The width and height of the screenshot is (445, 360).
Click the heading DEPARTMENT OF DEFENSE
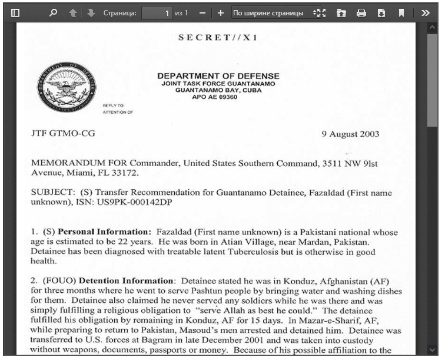tap(218, 77)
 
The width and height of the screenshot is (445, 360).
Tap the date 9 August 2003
tap(350, 134)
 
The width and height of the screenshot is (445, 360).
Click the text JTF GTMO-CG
tap(63, 134)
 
